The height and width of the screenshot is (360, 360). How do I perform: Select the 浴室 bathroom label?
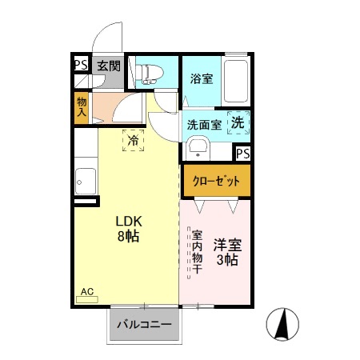click(201, 78)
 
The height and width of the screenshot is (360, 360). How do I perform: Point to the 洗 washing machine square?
click(238, 122)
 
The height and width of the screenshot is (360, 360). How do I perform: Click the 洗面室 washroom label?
click(204, 125)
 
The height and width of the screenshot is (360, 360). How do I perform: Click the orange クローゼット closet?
click(216, 181)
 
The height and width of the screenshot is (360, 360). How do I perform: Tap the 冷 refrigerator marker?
click(133, 140)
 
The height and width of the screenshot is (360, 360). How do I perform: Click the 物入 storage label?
click(82, 106)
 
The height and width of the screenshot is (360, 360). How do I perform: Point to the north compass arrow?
click(282, 323)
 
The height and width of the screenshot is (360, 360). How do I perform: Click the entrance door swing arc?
click(105, 36)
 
